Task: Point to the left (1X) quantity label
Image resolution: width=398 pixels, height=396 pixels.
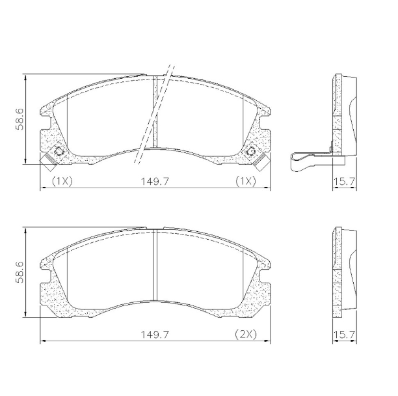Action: [x=61, y=181]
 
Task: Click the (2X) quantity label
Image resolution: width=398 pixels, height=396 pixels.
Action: [x=246, y=334]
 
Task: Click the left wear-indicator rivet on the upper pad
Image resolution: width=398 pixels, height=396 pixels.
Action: [x=59, y=152]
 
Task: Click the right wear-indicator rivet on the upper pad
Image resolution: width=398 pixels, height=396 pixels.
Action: [x=252, y=152]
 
